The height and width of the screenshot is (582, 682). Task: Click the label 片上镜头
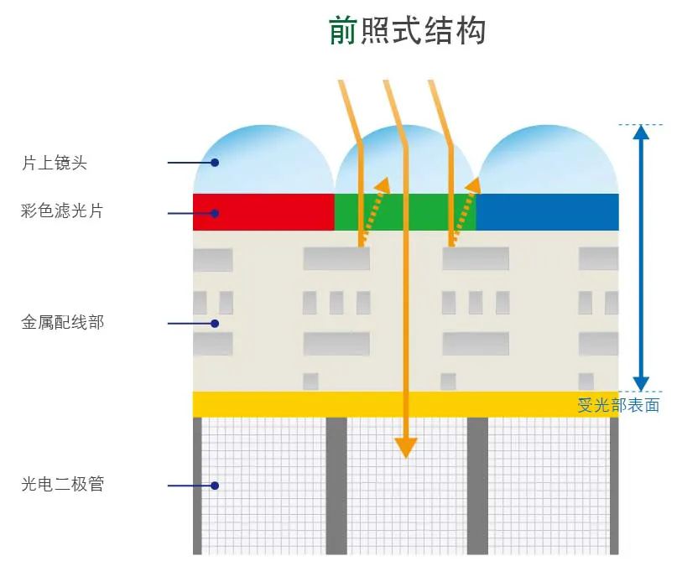pyautogui.click(x=55, y=163)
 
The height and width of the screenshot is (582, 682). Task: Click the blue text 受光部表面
pyautogui.click(x=618, y=406)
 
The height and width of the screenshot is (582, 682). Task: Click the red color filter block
pyautogui.click(x=263, y=211)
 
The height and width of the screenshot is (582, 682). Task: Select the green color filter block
pyautogui.click(x=405, y=211)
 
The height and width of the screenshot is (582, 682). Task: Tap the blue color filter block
pyautogui.click(x=547, y=211)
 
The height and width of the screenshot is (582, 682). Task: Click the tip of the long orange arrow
pyautogui.click(x=406, y=453)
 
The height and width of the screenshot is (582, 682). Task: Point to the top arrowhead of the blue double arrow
pyautogui.click(x=641, y=132)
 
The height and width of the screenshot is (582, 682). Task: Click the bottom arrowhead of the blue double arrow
pyautogui.click(x=641, y=384)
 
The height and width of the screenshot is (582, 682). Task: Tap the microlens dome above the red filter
pyautogui.click(x=263, y=164)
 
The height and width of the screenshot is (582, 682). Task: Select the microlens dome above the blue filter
pyautogui.click(x=547, y=164)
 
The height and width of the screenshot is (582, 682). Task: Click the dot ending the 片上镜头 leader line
pyautogui.click(x=215, y=163)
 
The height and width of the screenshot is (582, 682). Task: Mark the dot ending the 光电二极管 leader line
pyautogui.click(x=215, y=485)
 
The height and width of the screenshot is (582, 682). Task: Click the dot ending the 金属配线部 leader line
pyautogui.click(x=215, y=323)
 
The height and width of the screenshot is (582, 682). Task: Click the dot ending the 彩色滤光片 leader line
pyautogui.click(x=215, y=212)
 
